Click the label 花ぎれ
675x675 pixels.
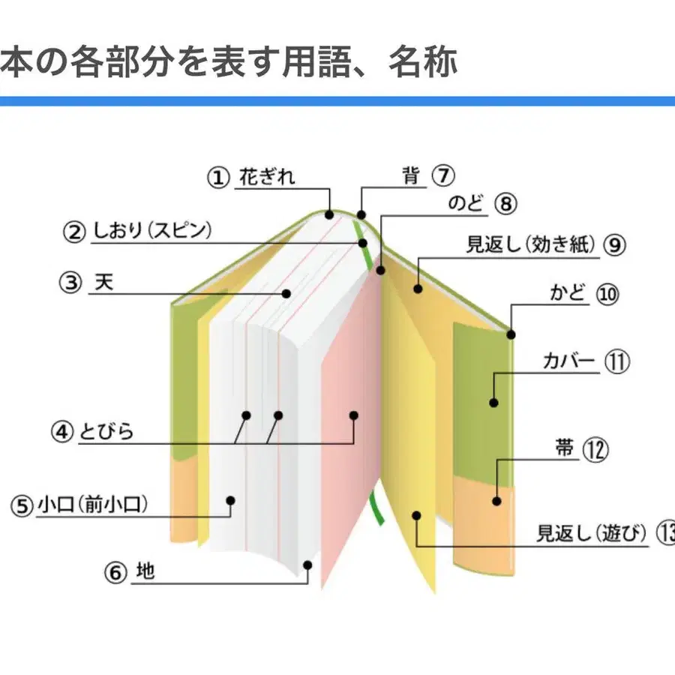click(x=267, y=178)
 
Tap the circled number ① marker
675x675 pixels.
click(x=217, y=178)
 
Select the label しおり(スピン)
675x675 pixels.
click(x=152, y=232)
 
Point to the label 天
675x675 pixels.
click(x=105, y=283)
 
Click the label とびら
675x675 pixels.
click(x=106, y=432)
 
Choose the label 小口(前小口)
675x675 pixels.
click(x=91, y=505)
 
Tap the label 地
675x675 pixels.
click(x=145, y=571)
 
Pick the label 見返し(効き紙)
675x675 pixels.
click(x=531, y=244)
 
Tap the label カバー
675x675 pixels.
click(x=568, y=361)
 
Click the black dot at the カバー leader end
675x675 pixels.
click(x=493, y=403)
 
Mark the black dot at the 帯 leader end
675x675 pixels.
click(x=496, y=500)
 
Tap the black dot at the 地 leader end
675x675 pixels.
click(x=306, y=564)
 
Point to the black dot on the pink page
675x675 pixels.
click(x=355, y=414)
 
